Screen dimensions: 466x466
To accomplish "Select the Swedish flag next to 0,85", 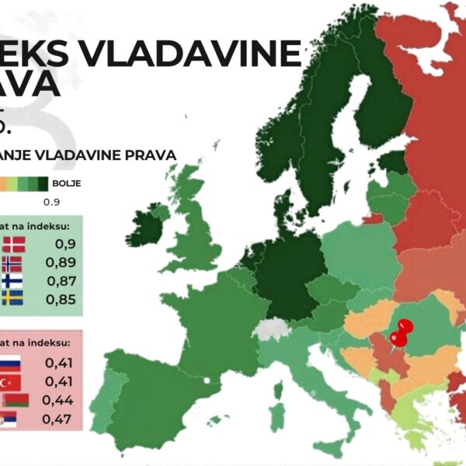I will point(12,299).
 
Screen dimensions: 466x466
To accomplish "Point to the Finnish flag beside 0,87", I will point(12,281).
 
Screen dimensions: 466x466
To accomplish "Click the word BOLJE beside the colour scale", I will point(66,184).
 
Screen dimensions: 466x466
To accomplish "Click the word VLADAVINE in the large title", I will point(194,55).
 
